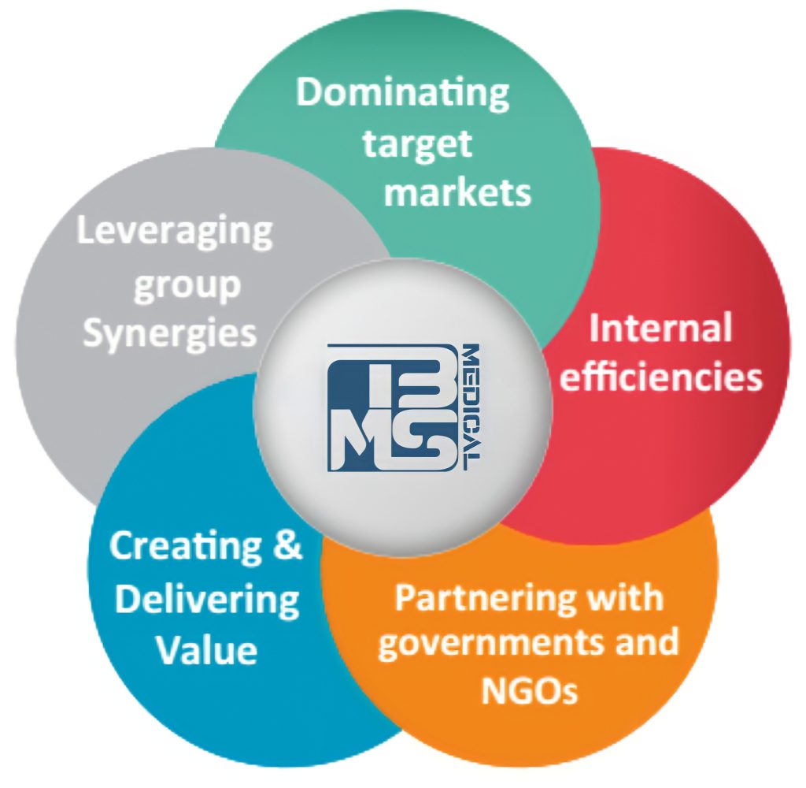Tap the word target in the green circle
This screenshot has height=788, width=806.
pos(416,143)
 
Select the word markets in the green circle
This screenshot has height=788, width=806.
pos(457,191)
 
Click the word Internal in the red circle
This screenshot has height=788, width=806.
pos(660,329)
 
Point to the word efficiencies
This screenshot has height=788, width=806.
pos(660,377)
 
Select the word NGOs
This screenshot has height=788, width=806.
pos(528,690)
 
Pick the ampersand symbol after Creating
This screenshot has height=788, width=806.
pos(286,546)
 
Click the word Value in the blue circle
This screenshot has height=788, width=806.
pos(206,649)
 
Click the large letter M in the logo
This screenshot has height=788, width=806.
pos(363,441)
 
